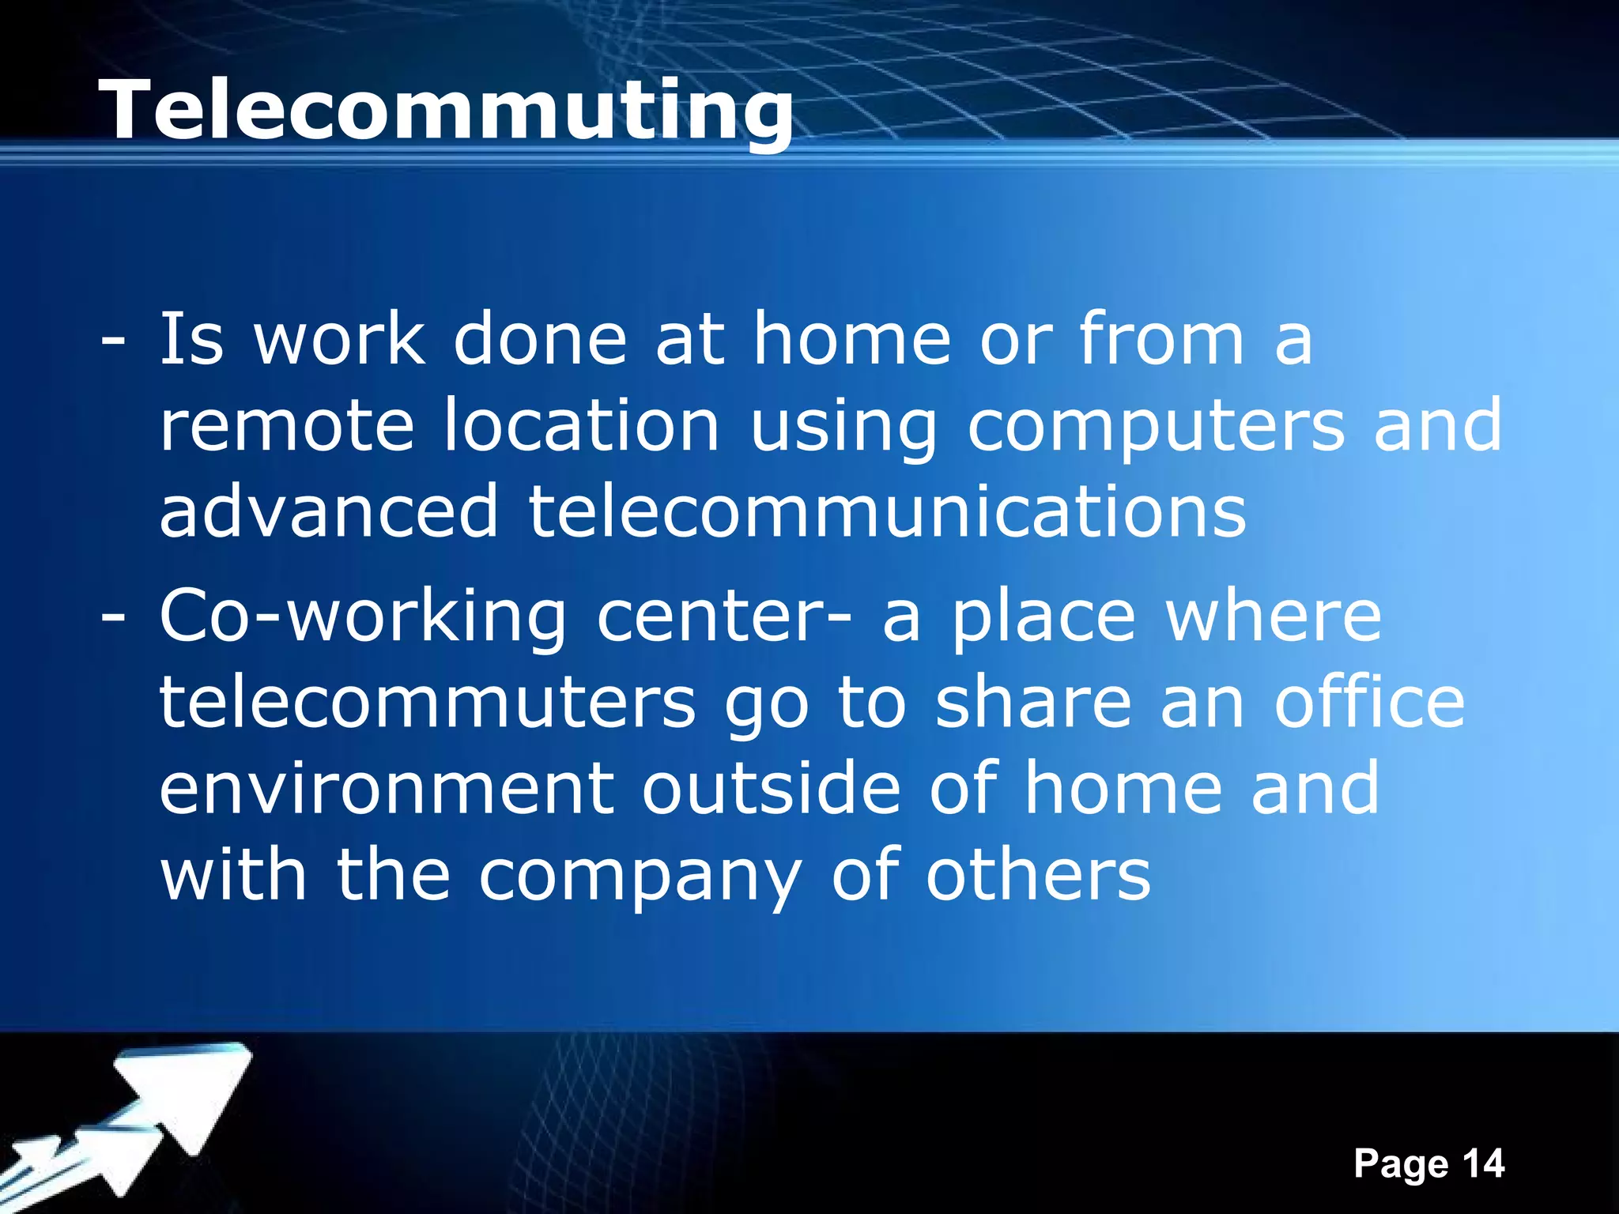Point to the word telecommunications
point(887,512)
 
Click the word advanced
point(329,512)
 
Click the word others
point(1038,876)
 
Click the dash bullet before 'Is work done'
point(112,341)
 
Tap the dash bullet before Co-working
point(112,618)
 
